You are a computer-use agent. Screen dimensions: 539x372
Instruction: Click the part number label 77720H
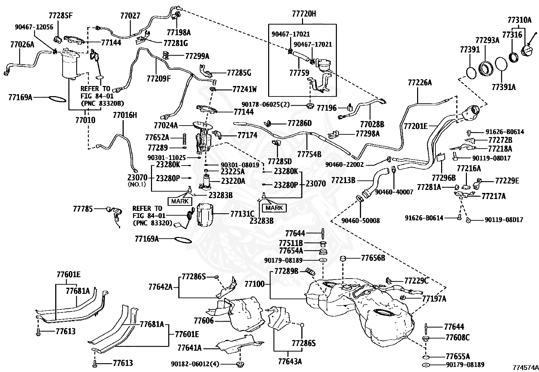coord(304,14)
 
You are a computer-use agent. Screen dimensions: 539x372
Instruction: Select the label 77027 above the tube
coord(130,16)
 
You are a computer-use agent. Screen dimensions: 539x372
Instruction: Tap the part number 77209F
coord(159,79)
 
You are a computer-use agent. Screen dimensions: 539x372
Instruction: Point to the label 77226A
coord(420,83)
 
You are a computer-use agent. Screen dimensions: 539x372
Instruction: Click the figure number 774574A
coord(525,368)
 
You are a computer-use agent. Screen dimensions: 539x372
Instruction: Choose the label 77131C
coord(242,214)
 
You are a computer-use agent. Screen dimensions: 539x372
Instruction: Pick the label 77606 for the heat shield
coord(204,321)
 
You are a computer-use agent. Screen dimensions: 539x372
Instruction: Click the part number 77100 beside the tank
coord(255,284)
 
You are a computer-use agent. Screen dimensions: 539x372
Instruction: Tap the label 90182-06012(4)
coord(195,364)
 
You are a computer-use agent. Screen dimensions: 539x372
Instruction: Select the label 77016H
coord(125,115)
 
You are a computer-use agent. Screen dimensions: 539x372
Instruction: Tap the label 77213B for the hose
coord(343,180)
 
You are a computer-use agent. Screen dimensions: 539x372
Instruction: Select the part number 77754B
coord(309,154)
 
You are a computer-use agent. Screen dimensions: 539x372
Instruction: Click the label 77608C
coord(457,337)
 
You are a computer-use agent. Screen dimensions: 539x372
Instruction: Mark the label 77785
coord(83,209)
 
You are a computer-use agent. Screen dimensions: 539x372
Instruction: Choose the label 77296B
coord(444,178)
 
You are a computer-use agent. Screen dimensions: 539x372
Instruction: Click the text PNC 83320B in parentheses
coord(102,104)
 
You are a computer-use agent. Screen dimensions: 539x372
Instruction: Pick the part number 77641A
coord(190,348)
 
